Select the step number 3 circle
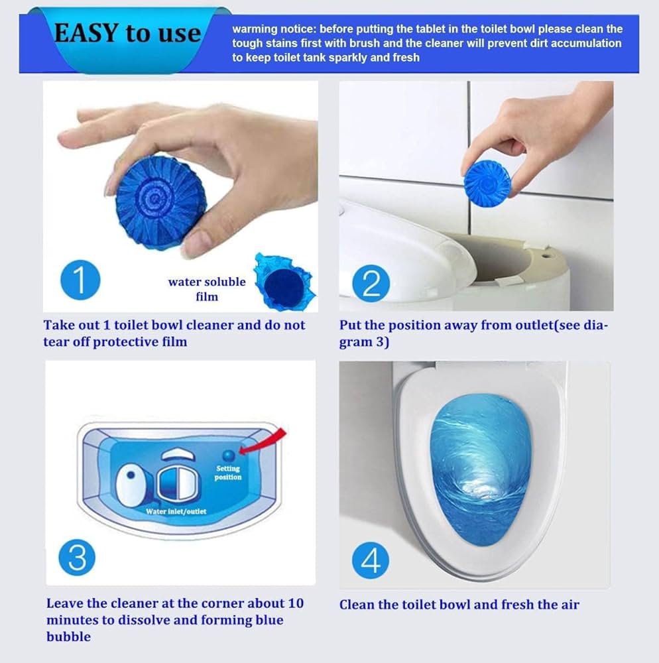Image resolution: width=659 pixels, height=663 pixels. click(77, 558)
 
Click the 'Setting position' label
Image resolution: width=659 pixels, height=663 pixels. click(228, 473)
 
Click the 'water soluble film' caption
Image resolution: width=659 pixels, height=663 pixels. click(206, 288)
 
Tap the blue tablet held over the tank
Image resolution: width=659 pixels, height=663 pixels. click(485, 182)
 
